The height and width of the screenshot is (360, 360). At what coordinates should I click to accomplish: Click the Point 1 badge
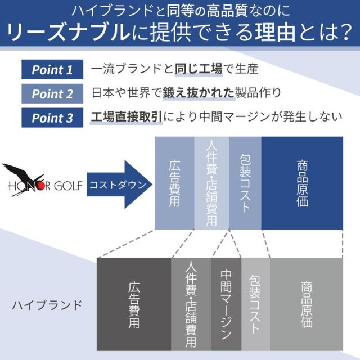pyautogui.click(x=52, y=70)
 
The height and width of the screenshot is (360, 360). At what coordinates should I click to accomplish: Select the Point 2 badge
pyautogui.click(x=52, y=94)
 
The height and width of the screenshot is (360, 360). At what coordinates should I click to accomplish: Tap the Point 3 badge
pyautogui.click(x=52, y=118)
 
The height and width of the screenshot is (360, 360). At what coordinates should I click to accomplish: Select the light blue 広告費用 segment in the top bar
pyautogui.click(x=174, y=183)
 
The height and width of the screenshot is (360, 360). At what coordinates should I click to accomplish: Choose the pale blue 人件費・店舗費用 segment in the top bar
pyautogui.click(x=211, y=183)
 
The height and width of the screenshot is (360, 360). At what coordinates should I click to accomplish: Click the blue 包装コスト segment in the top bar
pyautogui.click(x=245, y=183)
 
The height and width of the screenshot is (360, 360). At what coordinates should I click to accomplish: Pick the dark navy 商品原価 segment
pyautogui.click(x=302, y=183)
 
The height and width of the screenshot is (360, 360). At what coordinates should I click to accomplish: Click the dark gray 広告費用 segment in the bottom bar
pyautogui.click(x=134, y=304)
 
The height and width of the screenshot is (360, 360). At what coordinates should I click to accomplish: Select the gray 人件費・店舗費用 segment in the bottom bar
pyautogui.click(x=191, y=304)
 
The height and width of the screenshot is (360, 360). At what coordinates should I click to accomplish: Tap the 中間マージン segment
pyautogui.click(x=226, y=304)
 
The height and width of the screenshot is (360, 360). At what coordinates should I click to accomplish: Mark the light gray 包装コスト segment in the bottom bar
pyautogui.click(x=255, y=304)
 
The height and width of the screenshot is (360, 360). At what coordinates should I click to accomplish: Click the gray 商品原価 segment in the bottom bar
pyautogui.click(x=307, y=304)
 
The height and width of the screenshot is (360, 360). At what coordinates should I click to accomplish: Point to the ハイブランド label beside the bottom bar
pyautogui.click(x=47, y=305)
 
